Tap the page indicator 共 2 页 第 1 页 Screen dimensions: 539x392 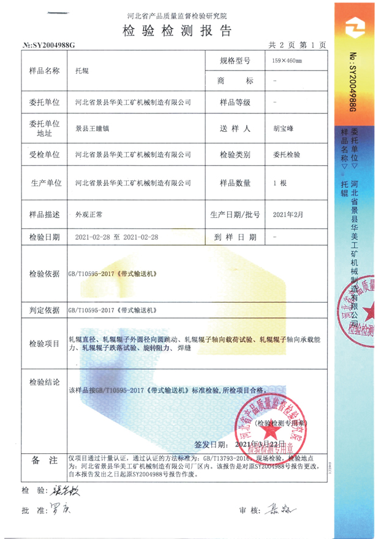point(297,45)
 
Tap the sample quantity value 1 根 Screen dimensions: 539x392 point(280,183)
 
